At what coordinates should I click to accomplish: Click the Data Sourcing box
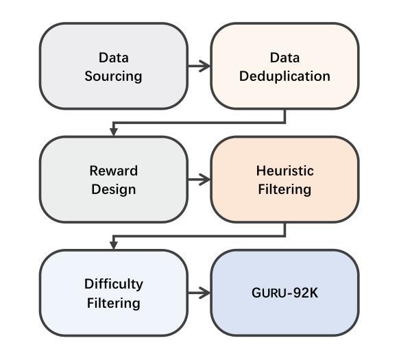[x=114, y=67]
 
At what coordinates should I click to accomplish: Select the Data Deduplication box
[x=285, y=67]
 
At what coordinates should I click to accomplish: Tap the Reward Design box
[x=114, y=180]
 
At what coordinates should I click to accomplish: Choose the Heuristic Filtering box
[x=285, y=180]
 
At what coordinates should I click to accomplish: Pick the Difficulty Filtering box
[x=114, y=293]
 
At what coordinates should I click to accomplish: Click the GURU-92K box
[x=285, y=293]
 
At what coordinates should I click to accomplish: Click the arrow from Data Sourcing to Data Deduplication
[x=199, y=67]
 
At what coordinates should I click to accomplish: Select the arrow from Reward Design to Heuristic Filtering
[x=199, y=180]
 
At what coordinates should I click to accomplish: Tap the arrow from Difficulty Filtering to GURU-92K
[x=199, y=293]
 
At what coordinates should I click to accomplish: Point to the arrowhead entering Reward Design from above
[x=114, y=132]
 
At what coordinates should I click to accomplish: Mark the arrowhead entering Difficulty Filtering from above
[x=114, y=245]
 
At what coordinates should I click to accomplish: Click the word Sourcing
[x=114, y=77]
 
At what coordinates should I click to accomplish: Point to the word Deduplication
[x=285, y=76]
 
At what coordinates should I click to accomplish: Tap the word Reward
[x=114, y=171]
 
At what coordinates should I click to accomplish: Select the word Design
[x=114, y=190]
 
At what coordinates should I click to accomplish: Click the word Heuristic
[x=285, y=171]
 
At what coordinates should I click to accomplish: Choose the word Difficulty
[x=114, y=285]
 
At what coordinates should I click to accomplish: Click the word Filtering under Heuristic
[x=285, y=190]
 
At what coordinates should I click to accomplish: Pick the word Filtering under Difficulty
[x=114, y=304]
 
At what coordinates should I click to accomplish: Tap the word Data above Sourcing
[x=114, y=58]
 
